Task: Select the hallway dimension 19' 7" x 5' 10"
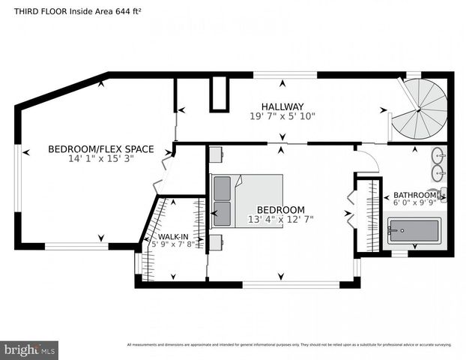(x=282, y=116)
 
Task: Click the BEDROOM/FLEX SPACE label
(x=100, y=149)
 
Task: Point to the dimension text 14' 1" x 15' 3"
(x=100, y=159)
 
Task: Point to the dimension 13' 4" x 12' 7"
(x=281, y=219)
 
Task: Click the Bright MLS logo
(x=30, y=349)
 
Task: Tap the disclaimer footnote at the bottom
(x=288, y=345)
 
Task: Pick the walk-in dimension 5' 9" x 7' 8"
(x=172, y=243)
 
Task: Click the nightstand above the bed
(x=215, y=154)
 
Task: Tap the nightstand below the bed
(x=215, y=241)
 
